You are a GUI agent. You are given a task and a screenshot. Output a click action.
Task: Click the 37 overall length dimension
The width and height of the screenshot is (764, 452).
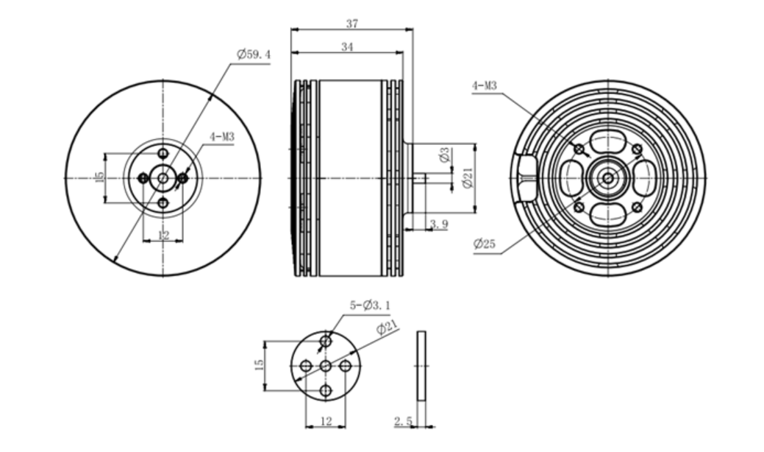(x=352, y=24)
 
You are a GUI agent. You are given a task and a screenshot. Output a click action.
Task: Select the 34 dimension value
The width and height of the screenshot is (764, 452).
(x=347, y=47)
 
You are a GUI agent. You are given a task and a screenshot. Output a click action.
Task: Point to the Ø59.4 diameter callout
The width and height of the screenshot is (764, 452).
(x=253, y=54)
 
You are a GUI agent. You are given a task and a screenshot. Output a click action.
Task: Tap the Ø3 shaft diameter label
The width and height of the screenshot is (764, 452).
(x=444, y=155)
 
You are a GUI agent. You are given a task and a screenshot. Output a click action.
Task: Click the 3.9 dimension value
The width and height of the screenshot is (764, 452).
(x=439, y=224)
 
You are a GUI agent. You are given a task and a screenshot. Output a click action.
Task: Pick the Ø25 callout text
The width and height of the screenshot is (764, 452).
(x=485, y=244)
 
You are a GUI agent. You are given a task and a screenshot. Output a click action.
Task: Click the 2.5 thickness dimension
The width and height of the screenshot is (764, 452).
(x=402, y=421)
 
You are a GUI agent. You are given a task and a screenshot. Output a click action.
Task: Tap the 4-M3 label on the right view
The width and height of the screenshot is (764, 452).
(x=485, y=86)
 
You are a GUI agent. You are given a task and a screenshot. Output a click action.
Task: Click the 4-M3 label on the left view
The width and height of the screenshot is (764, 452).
(x=222, y=137)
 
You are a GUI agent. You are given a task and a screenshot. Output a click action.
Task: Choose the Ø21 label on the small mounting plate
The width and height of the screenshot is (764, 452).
(x=387, y=328)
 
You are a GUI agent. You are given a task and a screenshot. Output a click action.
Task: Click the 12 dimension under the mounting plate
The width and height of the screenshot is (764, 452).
(x=326, y=421)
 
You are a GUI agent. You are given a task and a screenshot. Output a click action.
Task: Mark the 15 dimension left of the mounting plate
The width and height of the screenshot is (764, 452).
(x=260, y=366)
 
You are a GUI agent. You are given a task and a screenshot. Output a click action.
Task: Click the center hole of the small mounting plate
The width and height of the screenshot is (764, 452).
(x=326, y=366)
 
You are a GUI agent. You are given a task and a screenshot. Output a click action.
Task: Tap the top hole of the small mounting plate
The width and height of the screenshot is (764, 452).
(x=326, y=341)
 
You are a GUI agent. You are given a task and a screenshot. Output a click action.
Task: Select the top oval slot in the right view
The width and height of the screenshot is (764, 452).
(x=607, y=140)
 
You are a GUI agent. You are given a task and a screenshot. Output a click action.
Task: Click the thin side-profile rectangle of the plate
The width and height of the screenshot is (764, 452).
(x=421, y=366)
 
